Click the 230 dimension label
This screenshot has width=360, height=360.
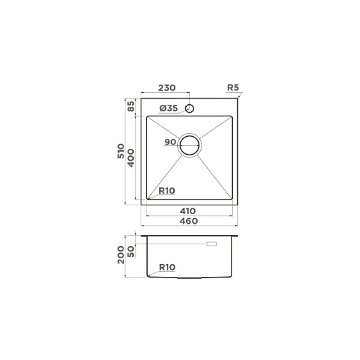pos(167,88)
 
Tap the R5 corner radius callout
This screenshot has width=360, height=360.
pos(233,87)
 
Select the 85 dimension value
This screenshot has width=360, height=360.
pos(131,106)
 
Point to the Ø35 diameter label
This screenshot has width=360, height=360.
pos(169,108)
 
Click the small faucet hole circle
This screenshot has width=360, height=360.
pos(189,108)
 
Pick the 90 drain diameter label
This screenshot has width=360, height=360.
pos(171,142)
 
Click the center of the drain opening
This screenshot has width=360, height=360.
pos(189,145)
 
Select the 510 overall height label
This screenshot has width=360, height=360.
pos(121,151)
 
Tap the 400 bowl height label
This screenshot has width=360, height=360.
pos(131,158)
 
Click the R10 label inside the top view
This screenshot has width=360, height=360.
pos(167,190)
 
